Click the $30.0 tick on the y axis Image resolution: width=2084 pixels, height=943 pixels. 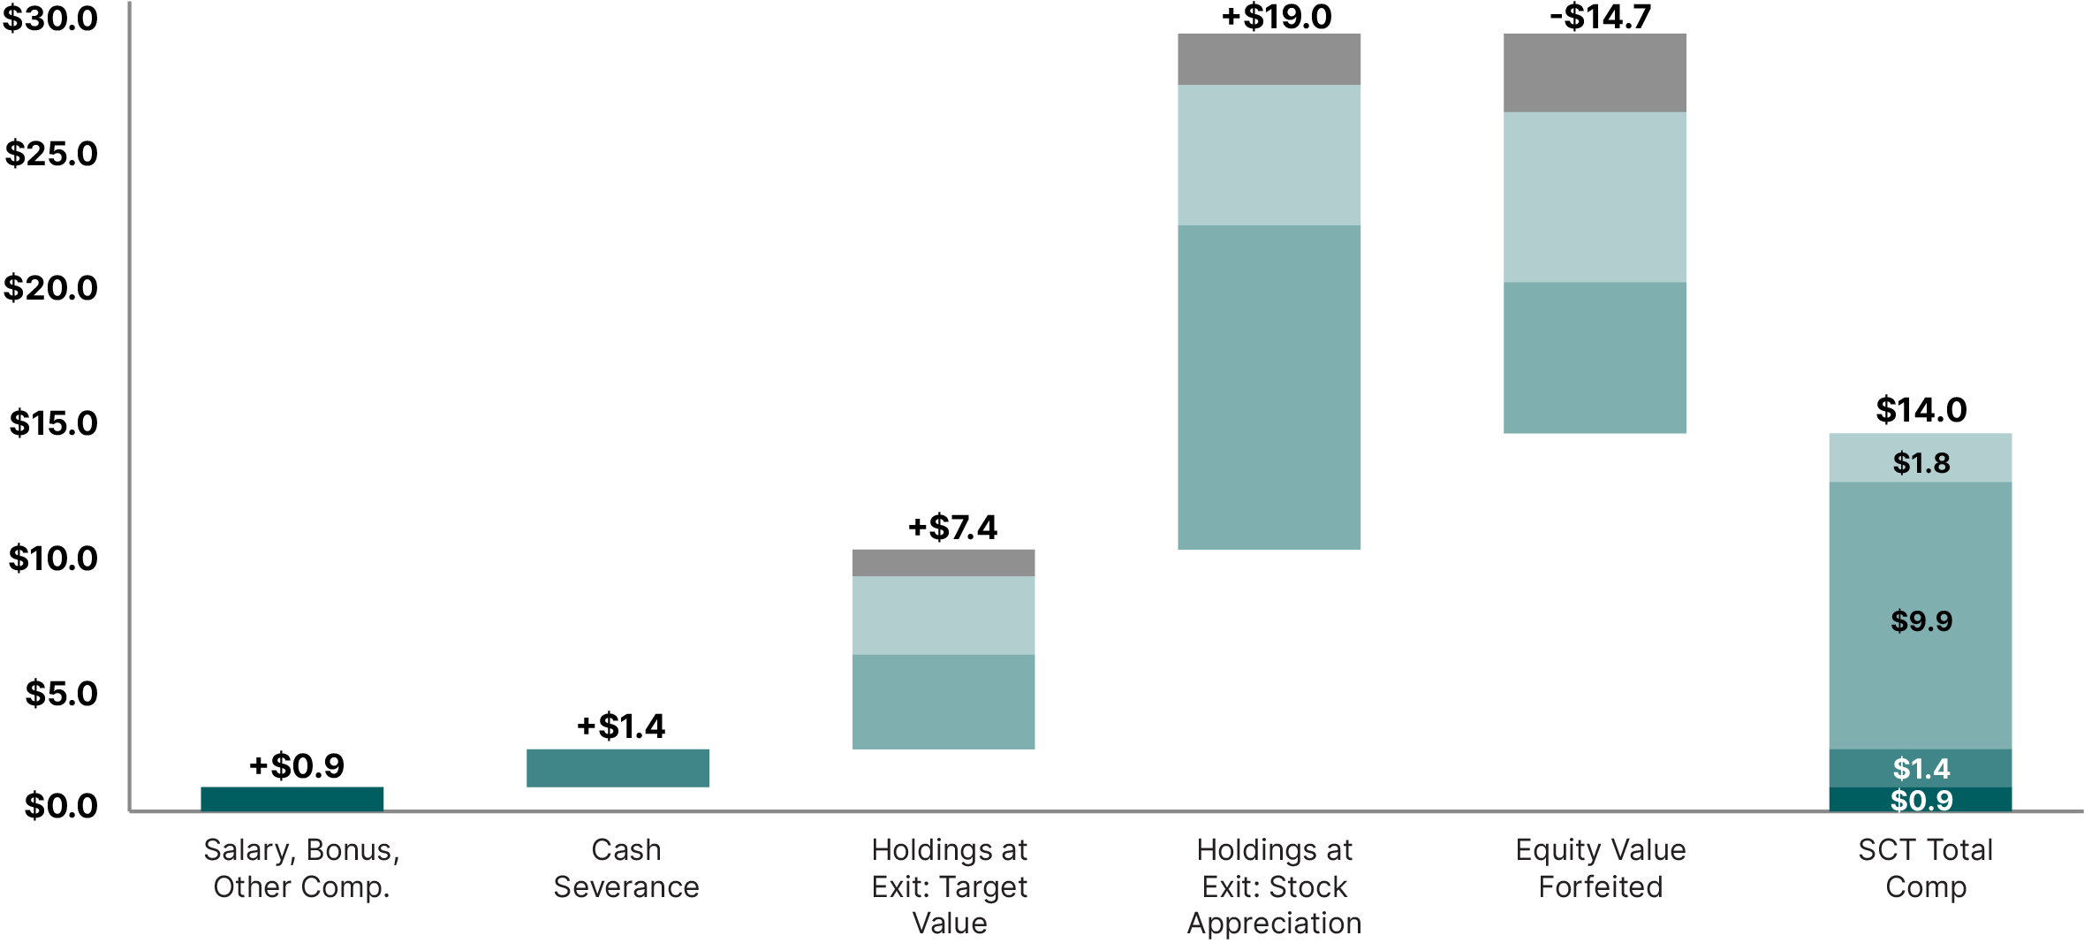pos(50,19)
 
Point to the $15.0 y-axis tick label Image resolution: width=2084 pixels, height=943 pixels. pos(53,423)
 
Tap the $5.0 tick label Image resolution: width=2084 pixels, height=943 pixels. pos(61,694)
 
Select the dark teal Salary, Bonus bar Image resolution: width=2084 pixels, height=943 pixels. pos(292,799)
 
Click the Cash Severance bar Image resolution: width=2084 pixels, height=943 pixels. pos(618,768)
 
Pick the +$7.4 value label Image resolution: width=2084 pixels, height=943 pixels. pos(952,528)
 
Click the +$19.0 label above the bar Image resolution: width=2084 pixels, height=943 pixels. pos(1276,17)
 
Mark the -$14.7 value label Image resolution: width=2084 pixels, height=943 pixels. pos(1600,17)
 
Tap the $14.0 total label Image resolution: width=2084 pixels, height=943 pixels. pos(1921,410)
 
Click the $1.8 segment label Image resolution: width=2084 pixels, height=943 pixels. pos(1921,463)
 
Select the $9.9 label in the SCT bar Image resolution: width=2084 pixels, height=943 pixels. pos(1921,621)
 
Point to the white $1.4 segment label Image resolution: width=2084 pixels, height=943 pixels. pos(1921,769)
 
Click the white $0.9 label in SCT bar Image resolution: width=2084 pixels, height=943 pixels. pos(1921,801)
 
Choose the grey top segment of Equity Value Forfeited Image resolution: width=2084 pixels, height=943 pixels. pos(1595,72)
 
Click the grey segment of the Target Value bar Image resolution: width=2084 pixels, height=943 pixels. pos(943,563)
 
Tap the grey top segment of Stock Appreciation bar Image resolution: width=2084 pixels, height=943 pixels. pos(1269,59)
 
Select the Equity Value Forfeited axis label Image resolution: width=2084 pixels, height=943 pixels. pos(1600,868)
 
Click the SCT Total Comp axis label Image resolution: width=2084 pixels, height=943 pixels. pos(1925,868)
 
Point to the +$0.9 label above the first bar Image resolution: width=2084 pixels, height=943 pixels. pos(297,766)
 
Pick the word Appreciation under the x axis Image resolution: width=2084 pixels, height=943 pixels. pos(1274,924)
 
